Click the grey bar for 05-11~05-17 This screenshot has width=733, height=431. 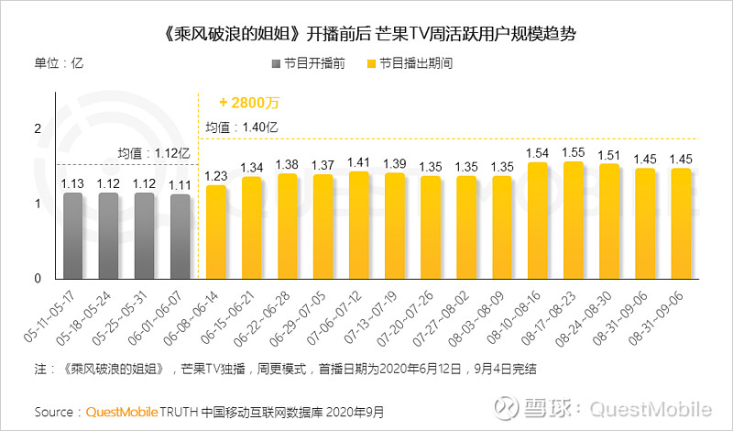[x=73, y=236]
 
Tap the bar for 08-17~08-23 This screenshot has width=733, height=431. [x=574, y=220]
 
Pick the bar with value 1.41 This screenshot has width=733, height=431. [x=358, y=226]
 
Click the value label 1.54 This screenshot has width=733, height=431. [x=538, y=153]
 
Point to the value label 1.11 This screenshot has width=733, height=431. [x=181, y=184]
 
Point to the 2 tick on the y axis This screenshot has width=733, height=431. [x=38, y=129]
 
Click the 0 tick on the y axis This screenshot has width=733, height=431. [x=38, y=278]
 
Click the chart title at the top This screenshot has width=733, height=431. [x=366, y=33]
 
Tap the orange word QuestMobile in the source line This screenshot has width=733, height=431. [x=122, y=411]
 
